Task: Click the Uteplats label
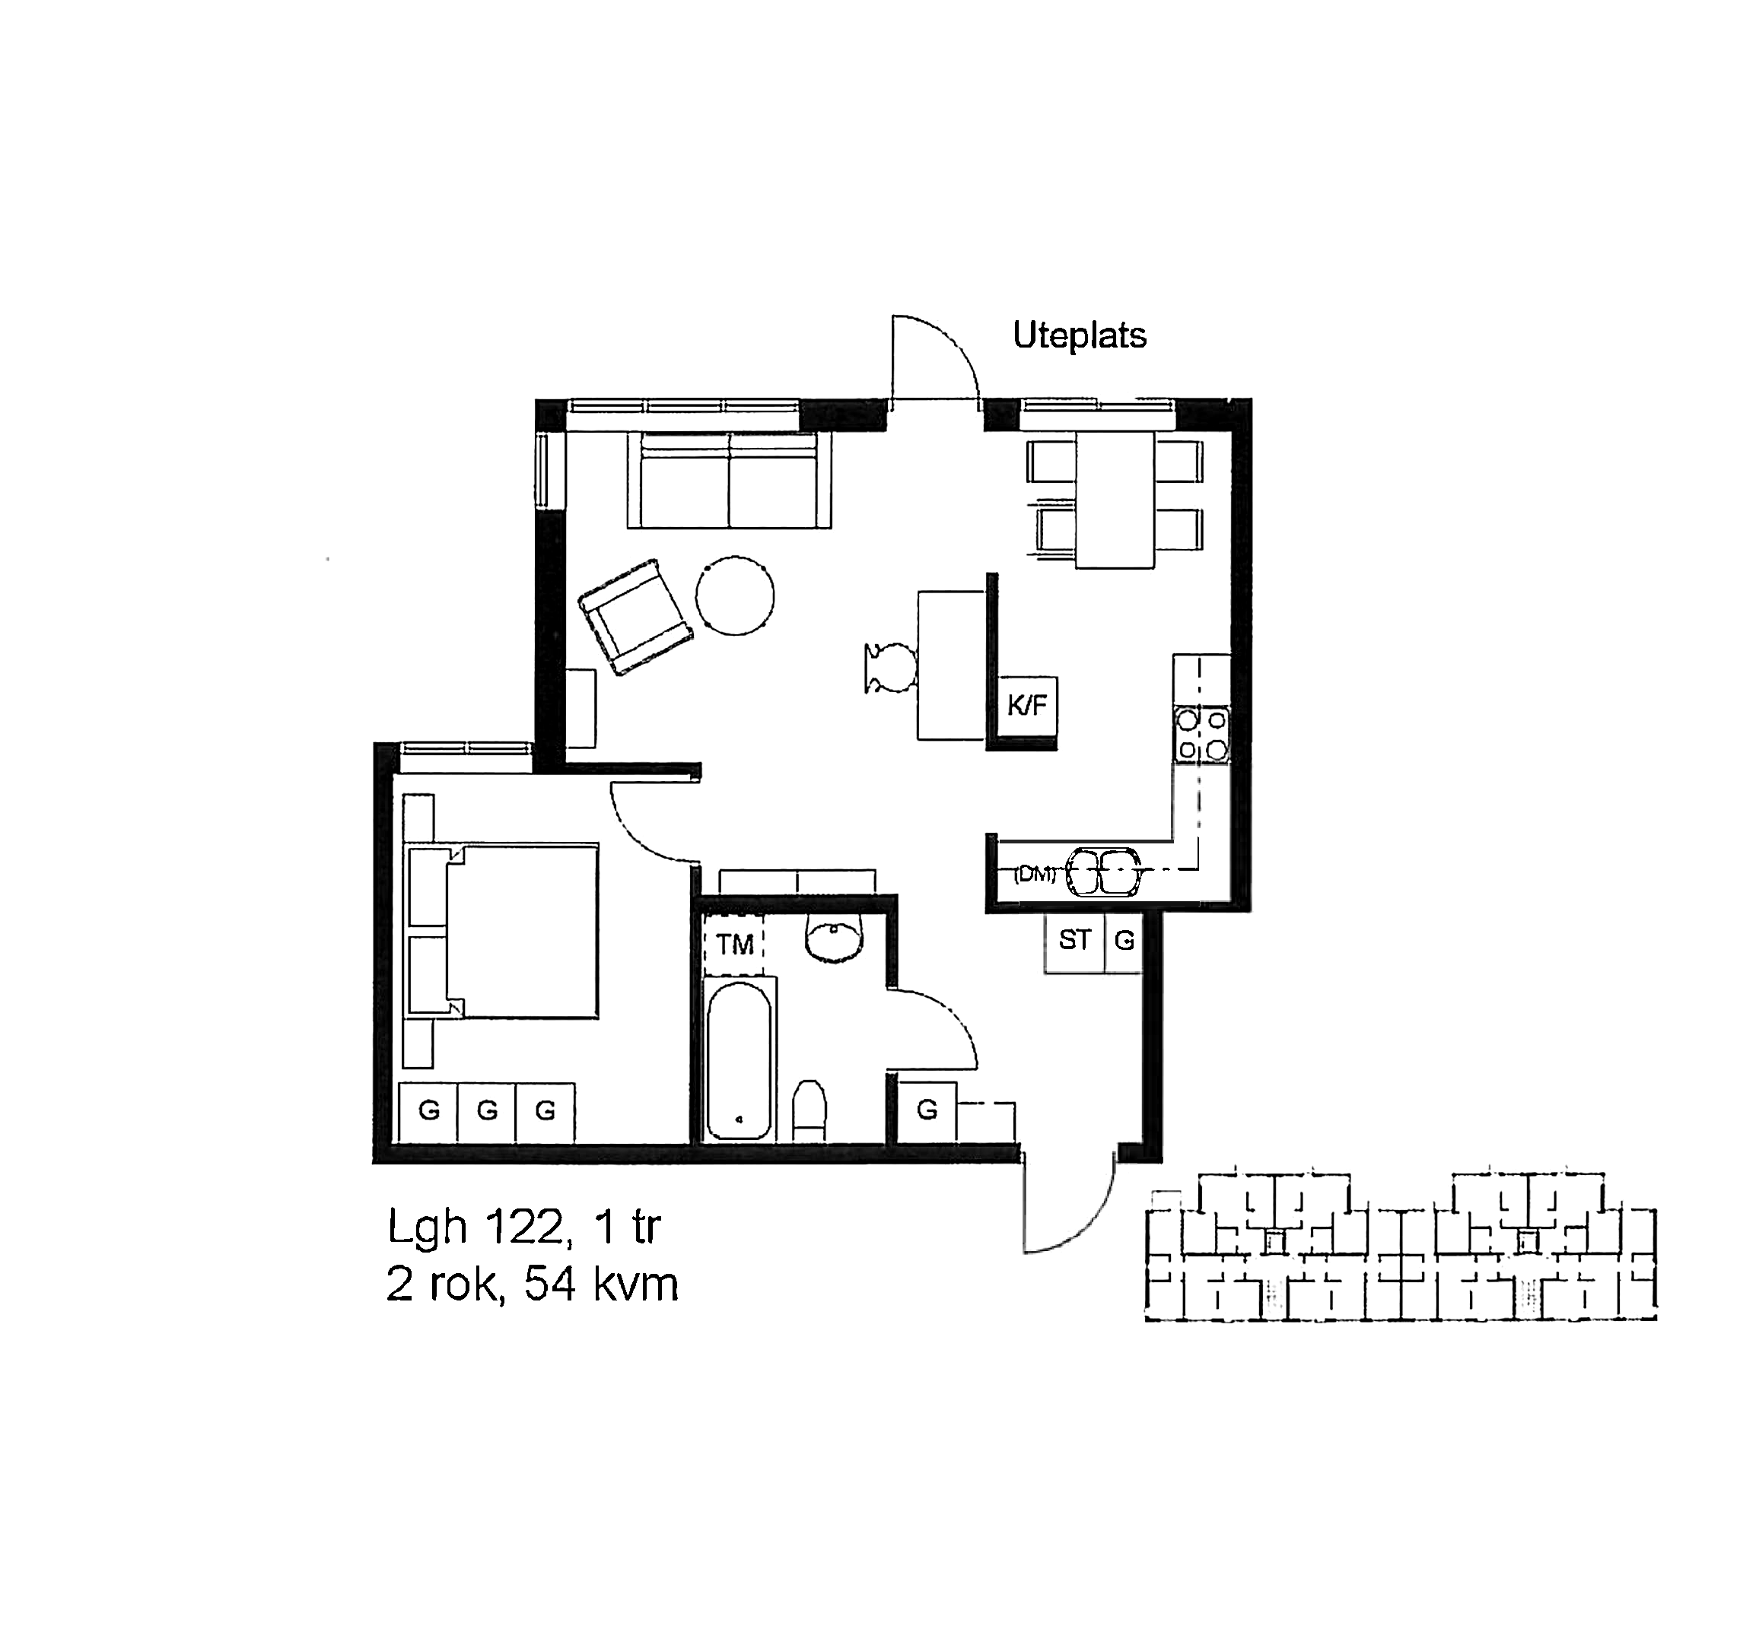(1080, 336)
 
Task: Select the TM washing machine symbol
(734, 945)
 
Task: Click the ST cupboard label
(1075, 940)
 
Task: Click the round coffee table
(734, 595)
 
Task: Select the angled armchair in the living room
(635, 617)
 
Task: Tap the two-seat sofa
(730, 480)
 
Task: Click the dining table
(1115, 500)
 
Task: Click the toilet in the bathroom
(809, 1110)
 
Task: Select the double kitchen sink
(1102, 873)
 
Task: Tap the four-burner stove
(1201, 735)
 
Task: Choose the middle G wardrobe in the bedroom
(487, 1112)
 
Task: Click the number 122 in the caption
(523, 1227)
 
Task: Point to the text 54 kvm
(601, 1285)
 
